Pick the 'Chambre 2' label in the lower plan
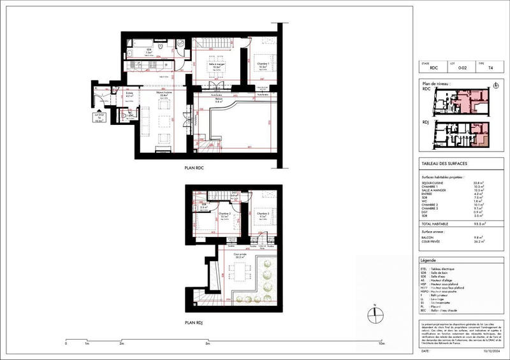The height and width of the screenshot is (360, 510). click(224, 214)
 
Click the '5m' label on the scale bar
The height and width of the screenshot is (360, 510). click(208, 343)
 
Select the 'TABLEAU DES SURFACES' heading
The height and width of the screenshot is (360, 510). click(441, 164)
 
